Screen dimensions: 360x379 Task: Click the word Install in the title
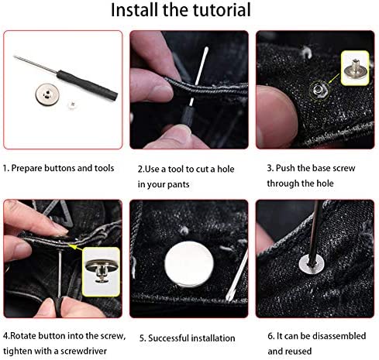pos(136,11)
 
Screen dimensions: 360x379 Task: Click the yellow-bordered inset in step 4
pos(100,271)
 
